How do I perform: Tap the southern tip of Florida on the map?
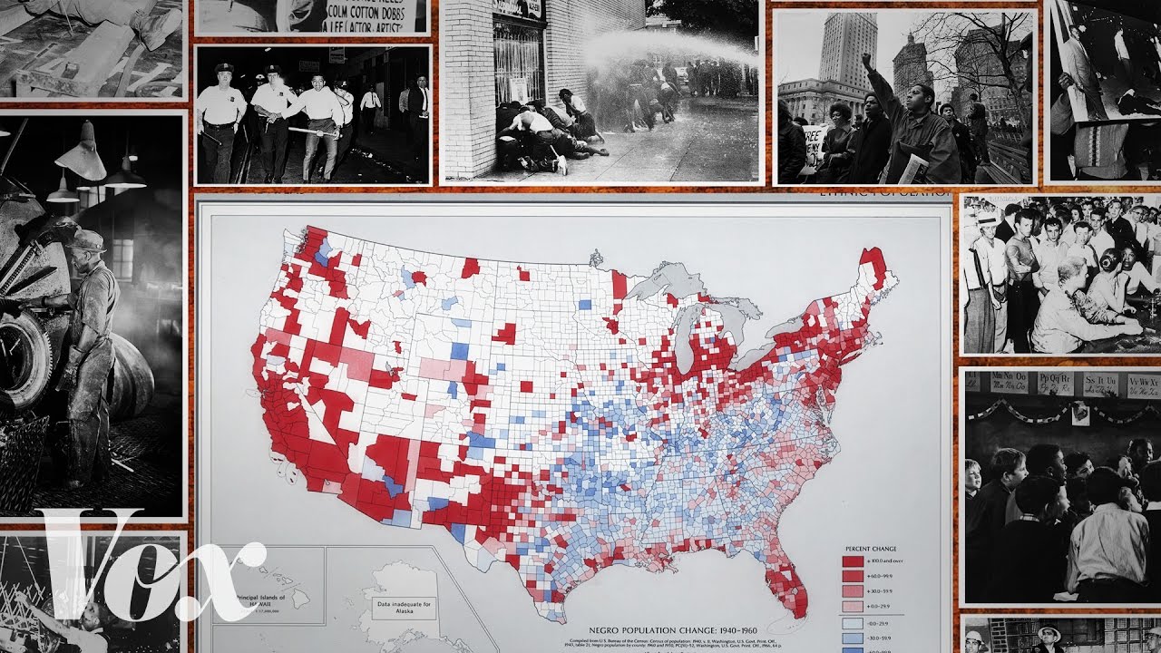coord(796,609)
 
